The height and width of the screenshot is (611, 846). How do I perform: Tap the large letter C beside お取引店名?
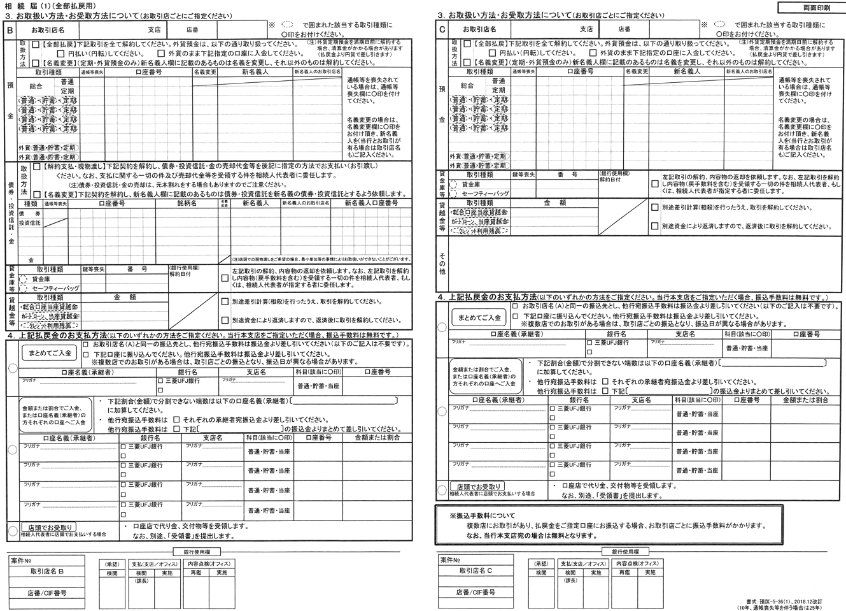point(442,29)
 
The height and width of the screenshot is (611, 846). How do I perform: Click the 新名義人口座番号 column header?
point(371,203)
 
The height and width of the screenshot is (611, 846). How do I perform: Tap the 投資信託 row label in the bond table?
point(30,223)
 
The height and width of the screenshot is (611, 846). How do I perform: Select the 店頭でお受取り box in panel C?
point(477,486)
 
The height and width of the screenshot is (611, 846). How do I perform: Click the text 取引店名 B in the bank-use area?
point(46,571)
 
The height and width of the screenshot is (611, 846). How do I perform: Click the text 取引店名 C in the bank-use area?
point(476,571)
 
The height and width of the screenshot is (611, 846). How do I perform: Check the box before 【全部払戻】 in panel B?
point(36,45)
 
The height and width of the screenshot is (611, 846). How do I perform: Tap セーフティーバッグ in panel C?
point(485,193)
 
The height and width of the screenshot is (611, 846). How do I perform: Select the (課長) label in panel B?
point(141,580)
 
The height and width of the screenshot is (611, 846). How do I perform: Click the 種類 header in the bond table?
point(30,203)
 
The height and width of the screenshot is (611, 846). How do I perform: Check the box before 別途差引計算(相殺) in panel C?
point(654,207)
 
